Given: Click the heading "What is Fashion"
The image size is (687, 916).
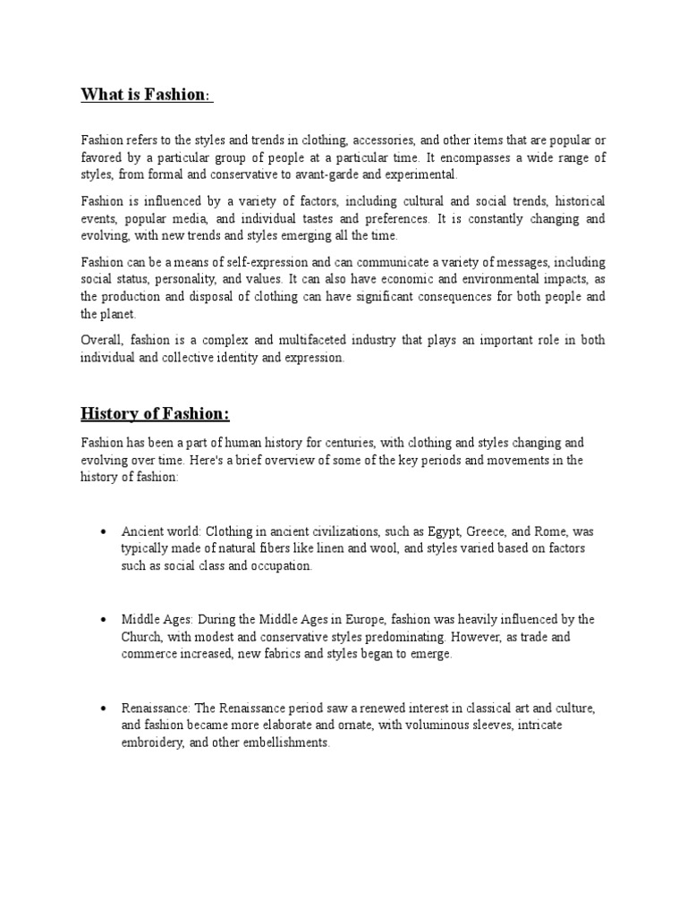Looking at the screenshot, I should point(147,95).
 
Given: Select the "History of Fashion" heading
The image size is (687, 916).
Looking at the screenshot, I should point(155,413).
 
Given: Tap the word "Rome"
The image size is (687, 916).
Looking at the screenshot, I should point(549,531).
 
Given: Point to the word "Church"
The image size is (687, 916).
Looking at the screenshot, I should point(141,637).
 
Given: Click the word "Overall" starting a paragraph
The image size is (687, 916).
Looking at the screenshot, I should point(102,342).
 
